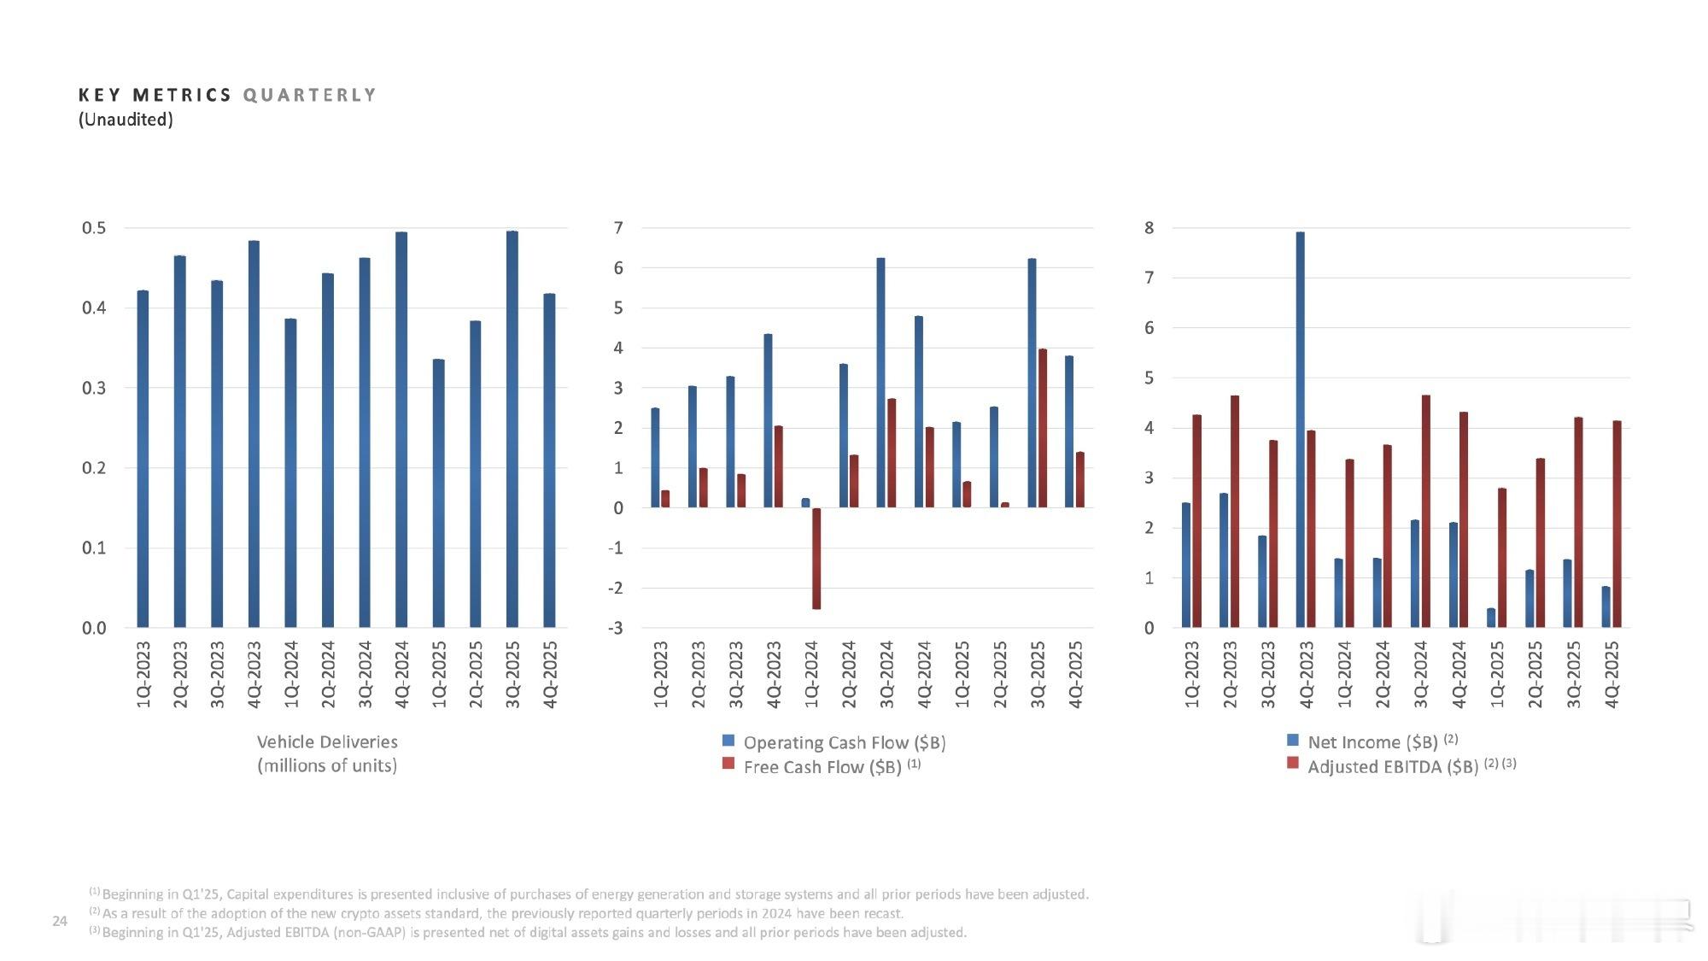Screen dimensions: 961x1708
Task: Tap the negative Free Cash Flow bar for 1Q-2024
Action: point(816,559)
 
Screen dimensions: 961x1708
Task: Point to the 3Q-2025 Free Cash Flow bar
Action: point(1042,428)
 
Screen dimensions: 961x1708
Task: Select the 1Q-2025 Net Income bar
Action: point(1491,618)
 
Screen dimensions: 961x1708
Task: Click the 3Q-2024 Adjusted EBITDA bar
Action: point(1425,512)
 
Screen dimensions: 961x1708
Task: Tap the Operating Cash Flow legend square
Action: point(728,741)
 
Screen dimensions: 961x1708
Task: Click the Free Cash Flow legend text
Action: point(822,767)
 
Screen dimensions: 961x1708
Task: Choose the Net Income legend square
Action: point(1293,740)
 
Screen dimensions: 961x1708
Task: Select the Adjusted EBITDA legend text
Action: point(1393,766)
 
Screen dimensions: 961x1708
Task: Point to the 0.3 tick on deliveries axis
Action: point(94,388)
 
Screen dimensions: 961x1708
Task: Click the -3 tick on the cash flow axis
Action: point(615,628)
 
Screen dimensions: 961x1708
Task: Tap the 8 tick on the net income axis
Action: point(1149,228)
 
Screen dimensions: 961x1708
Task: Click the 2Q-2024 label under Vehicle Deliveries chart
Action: point(328,674)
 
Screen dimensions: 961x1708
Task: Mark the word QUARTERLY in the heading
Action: point(309,95)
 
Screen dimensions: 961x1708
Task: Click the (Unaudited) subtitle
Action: point(126,120)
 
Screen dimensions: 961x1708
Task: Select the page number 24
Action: point(60,921)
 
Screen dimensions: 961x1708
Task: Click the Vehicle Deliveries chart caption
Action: point(327,753)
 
